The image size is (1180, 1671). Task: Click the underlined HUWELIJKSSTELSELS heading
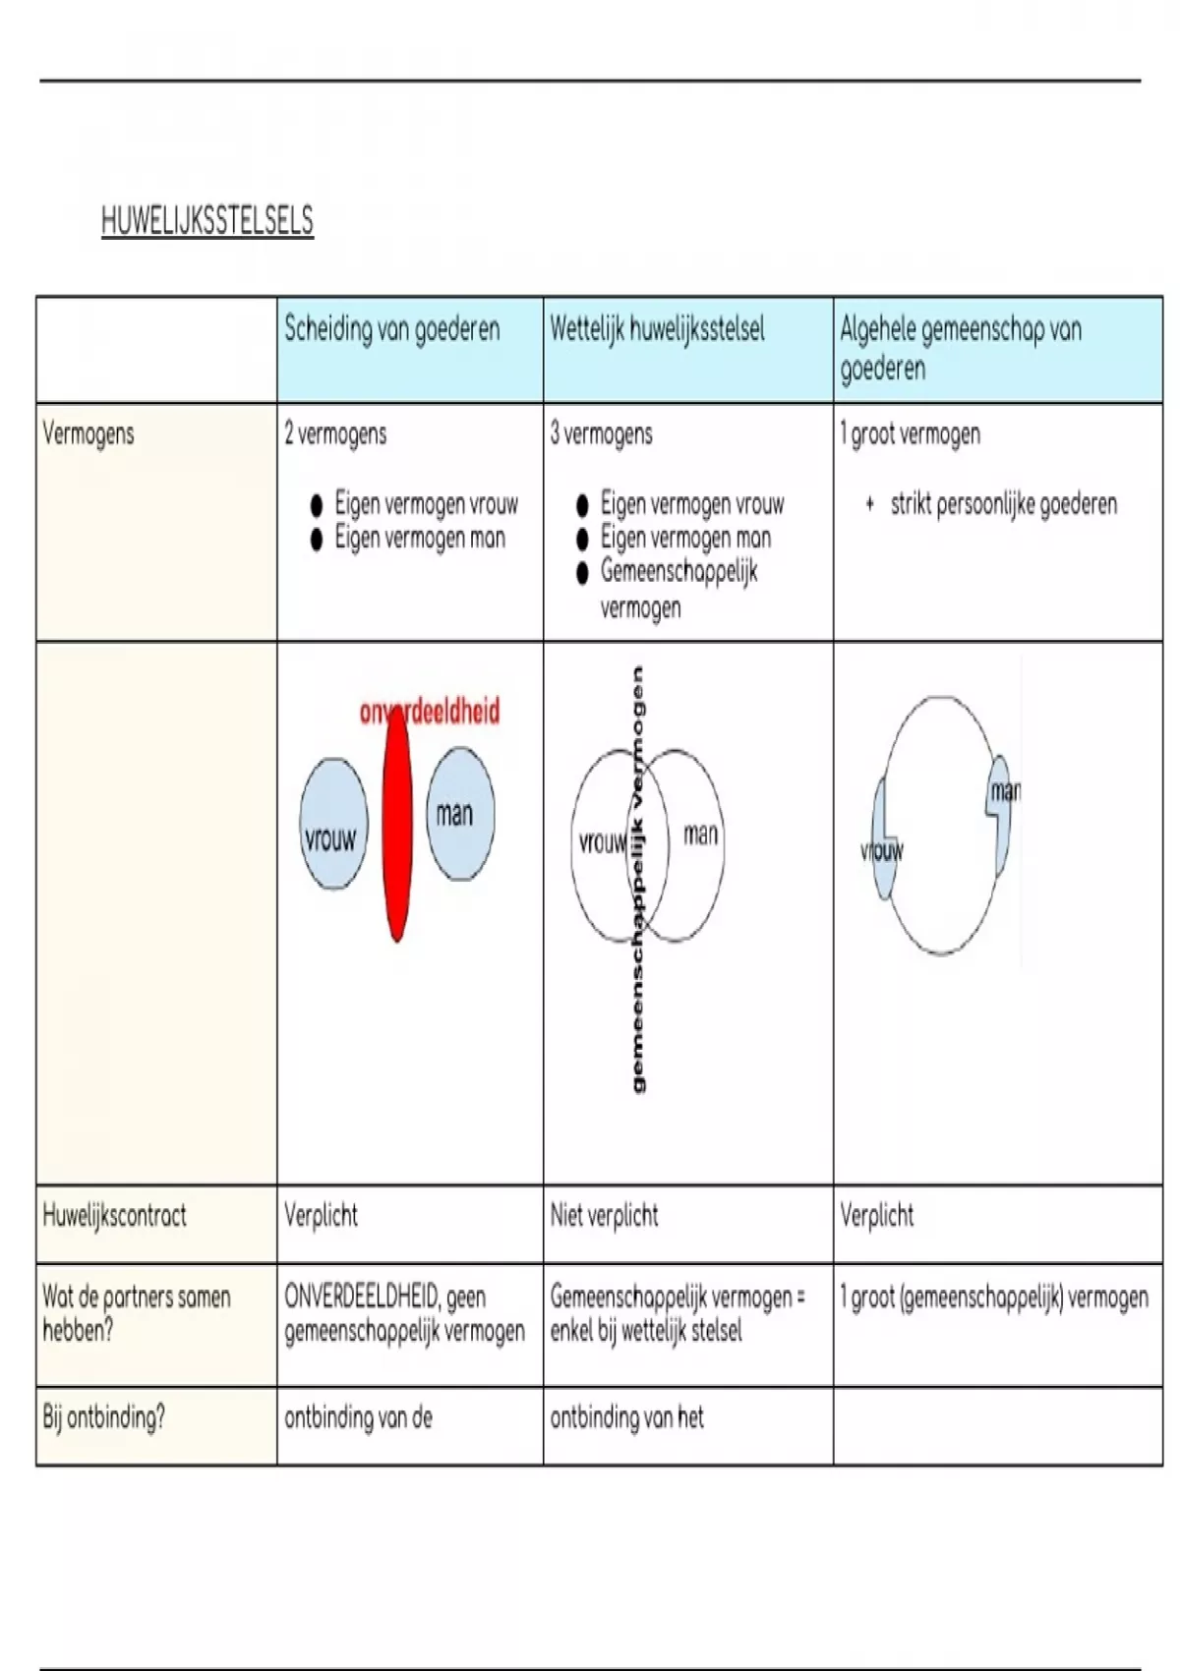(207, 221)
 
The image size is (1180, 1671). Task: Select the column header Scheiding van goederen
(391, 329)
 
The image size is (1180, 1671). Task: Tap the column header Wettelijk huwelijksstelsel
(657, 329)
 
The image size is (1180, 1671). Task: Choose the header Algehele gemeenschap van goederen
(961, 348)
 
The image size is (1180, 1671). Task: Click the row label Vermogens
(88, 433)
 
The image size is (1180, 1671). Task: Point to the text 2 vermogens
(335, 433)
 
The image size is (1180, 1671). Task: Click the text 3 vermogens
(601, 433)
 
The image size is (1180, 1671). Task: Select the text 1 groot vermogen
(910, 433)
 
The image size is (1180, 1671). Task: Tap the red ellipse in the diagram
(397, 825)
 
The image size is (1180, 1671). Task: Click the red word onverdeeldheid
(429, 712)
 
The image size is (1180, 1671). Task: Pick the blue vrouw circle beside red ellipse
(333, 824)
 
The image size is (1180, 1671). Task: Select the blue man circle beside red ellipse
(460, 814)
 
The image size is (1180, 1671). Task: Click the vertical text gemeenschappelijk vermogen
(637, 881)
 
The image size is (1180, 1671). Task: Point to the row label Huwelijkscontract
(114, 1215)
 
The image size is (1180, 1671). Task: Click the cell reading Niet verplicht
(604, 1215)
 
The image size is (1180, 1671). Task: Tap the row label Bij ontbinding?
(104, 1416)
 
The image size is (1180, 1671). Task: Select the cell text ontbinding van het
(626, 1416)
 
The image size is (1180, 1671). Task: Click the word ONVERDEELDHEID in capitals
(361, 1297)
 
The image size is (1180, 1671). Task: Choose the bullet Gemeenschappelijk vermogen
(678, 590)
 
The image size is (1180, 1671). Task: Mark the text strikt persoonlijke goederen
(1004, 504)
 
